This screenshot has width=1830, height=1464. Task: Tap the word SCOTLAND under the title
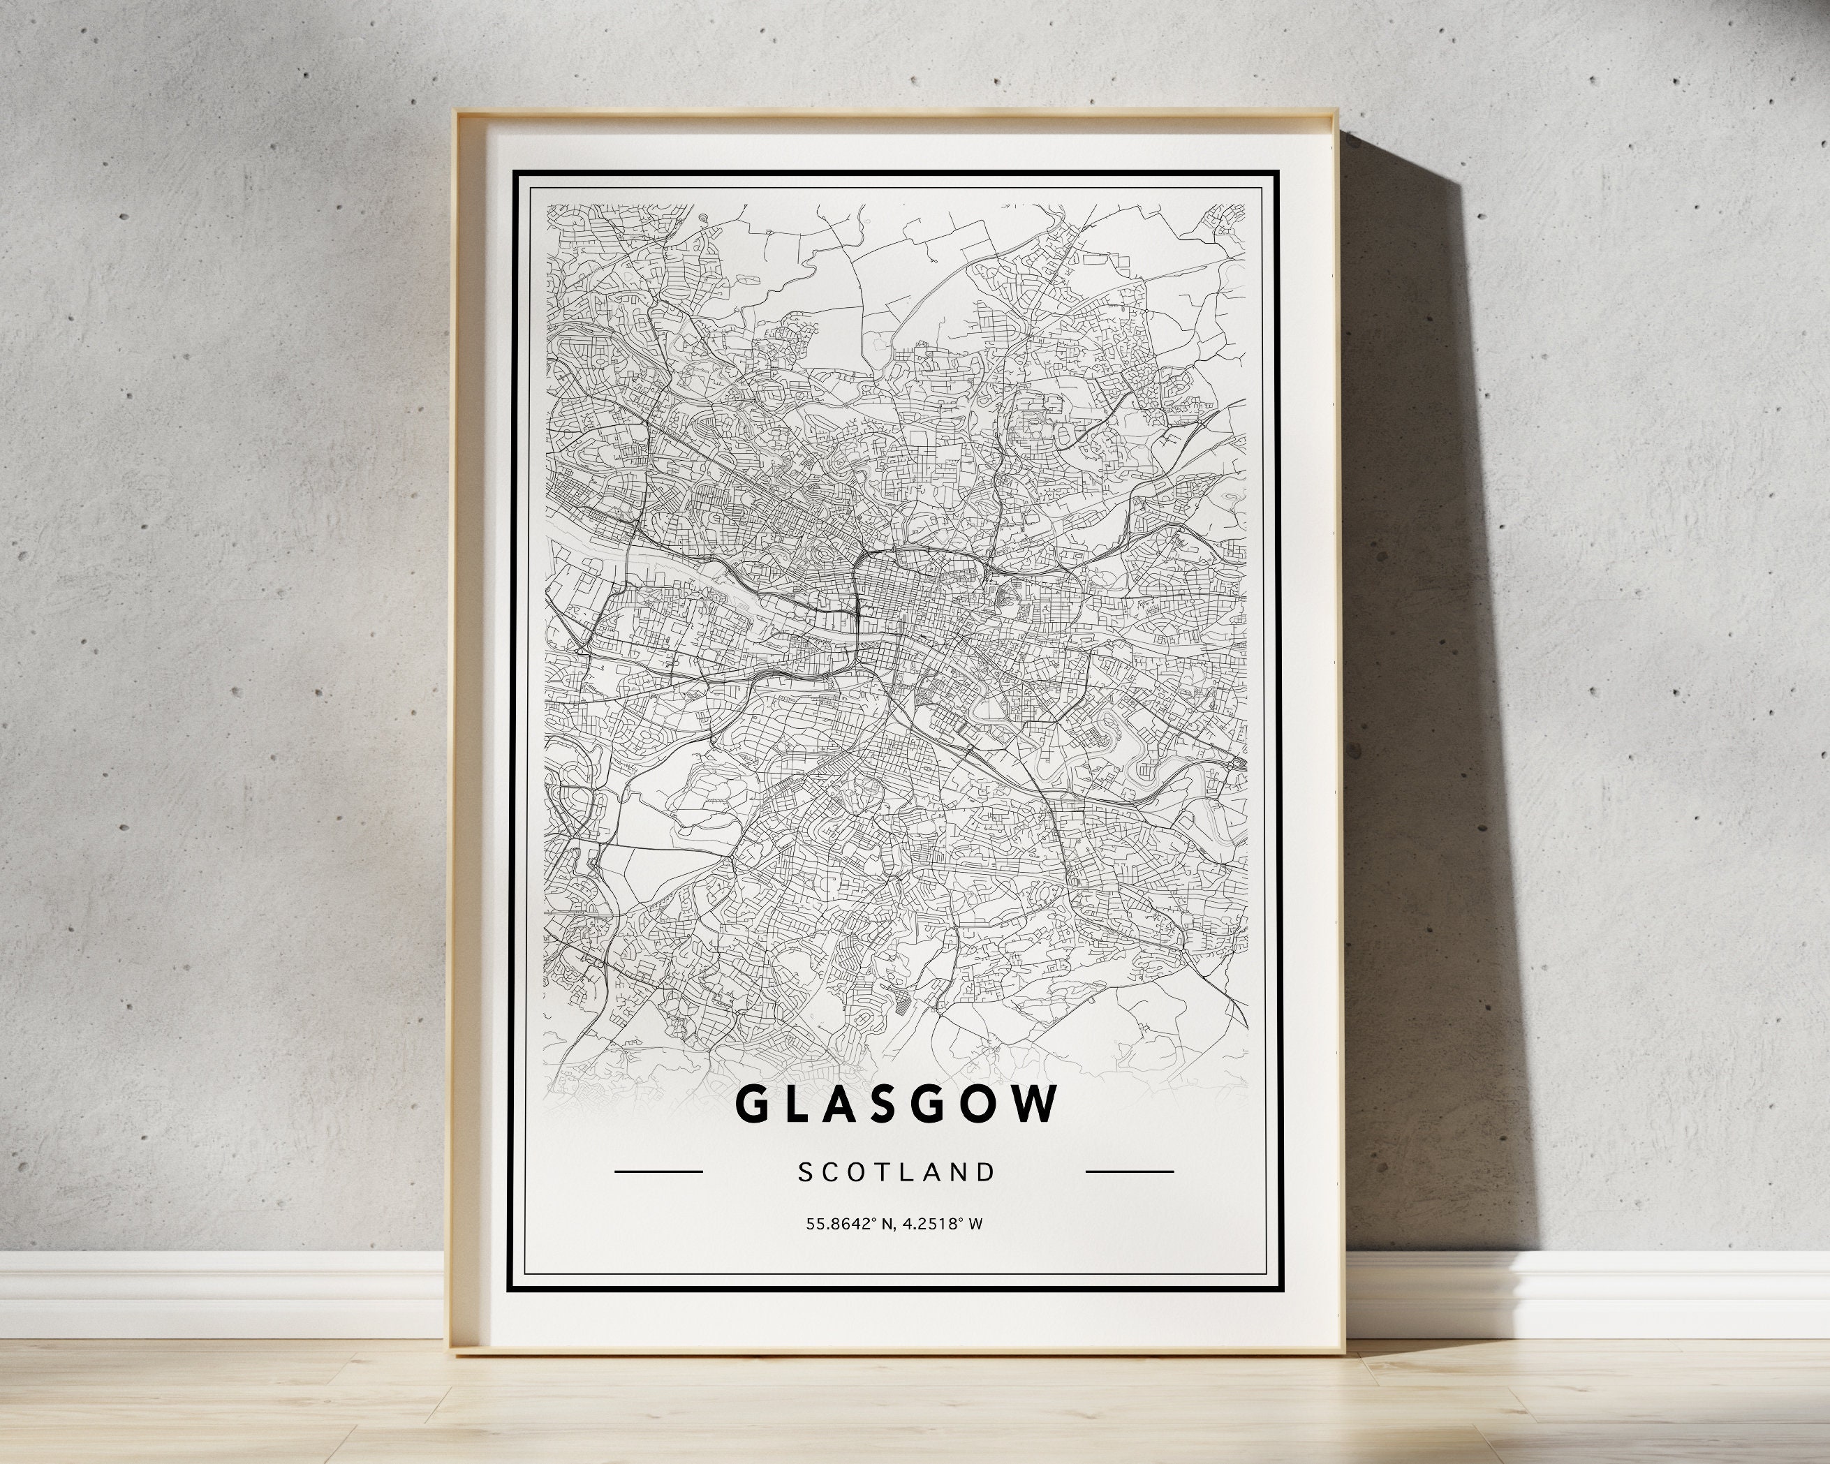pos(896,1172)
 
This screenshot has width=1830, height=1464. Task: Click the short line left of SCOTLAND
pos(658,1172)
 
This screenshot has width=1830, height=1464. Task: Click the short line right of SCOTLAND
pos(1130,1172)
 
